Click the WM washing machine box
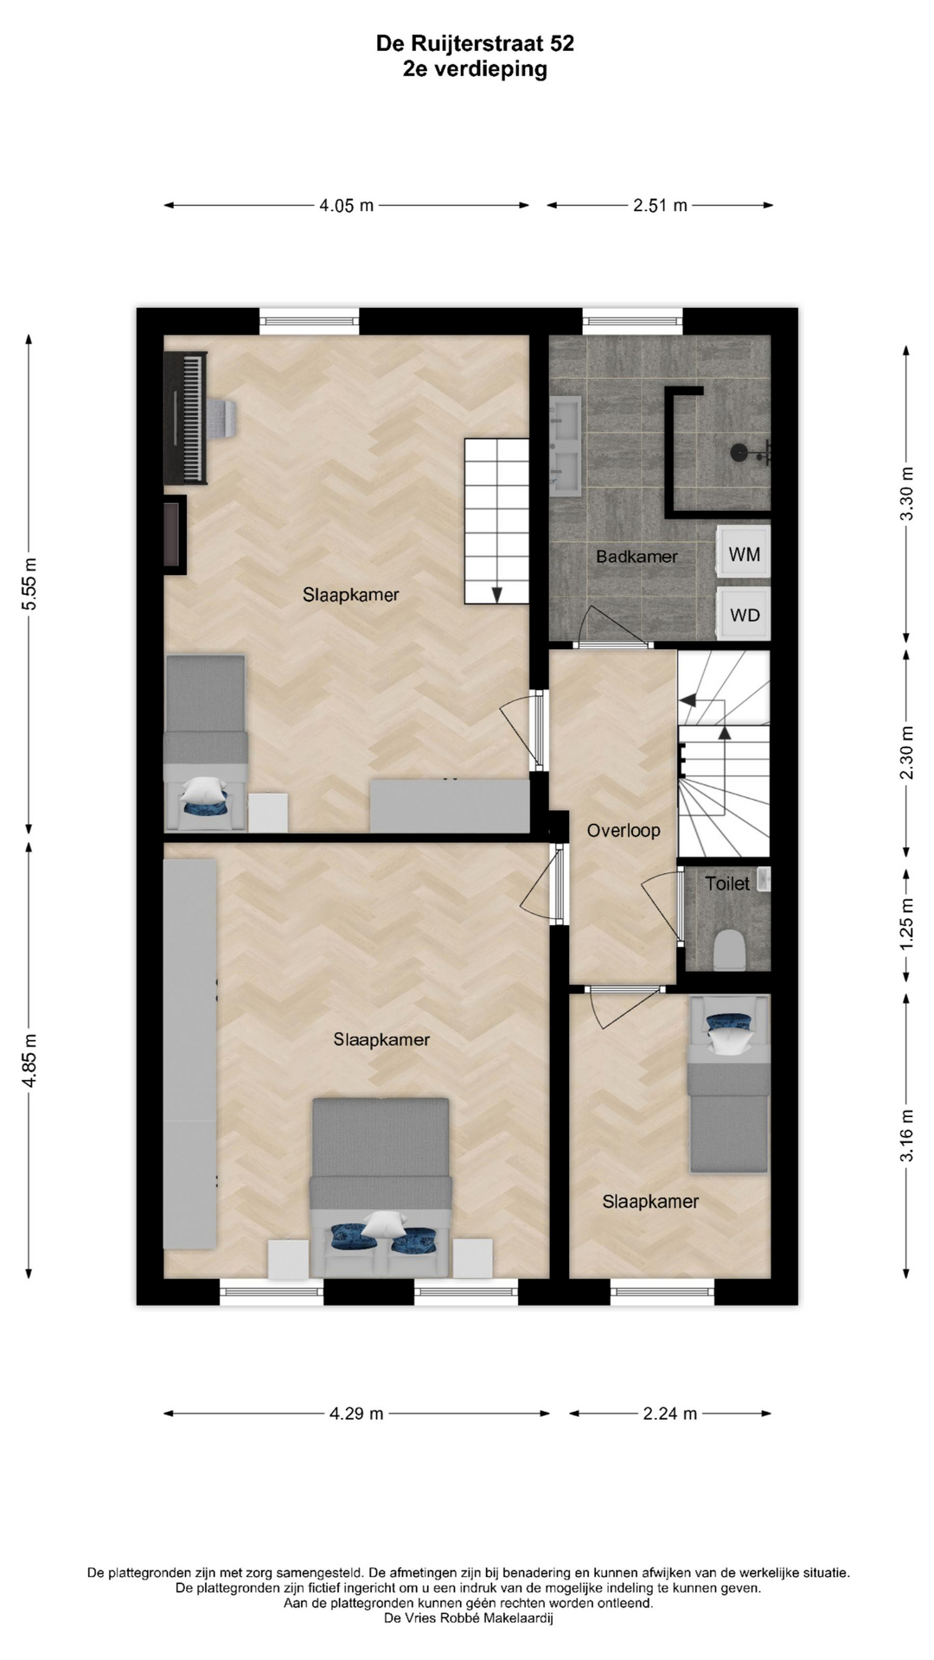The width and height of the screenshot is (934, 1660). pos(744,553)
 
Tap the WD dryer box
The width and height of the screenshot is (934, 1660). pos(744,615)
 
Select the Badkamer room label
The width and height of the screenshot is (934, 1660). pos(637,557)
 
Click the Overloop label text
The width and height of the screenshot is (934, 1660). pos(624,831)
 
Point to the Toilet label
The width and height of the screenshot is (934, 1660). pos(727,884)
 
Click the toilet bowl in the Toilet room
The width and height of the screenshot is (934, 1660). pos(731,949)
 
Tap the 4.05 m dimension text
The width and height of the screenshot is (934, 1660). pos(347,206)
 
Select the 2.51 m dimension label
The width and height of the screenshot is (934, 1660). pos(660,206)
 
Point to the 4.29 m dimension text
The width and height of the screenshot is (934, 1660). pos(356,1414)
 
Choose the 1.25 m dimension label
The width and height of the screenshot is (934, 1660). pos(906,924)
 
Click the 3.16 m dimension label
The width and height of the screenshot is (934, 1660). pos(906,1135)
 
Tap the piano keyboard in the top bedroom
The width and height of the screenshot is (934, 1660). pos(186,418)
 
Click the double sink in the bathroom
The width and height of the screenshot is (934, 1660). pos(566,444)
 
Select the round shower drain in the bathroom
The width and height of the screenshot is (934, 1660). pos(739,451)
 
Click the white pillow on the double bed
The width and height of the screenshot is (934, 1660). pos(382,1223)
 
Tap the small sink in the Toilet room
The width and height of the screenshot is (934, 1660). pos(763,879)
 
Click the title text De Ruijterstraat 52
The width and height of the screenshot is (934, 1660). pos(475,43)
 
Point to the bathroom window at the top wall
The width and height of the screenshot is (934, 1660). pos(632,322)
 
